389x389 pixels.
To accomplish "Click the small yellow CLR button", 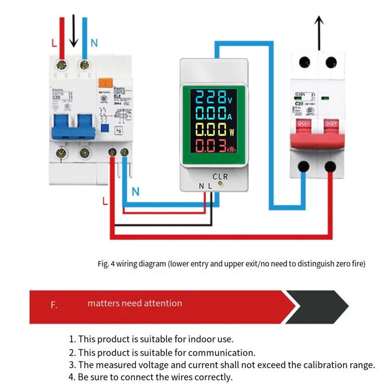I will (x=220, y=182).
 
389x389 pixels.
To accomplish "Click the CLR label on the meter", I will (x=220, y=176).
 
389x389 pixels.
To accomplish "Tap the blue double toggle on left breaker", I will (x=73, y=126).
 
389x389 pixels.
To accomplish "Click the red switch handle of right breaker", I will (x=317, y=134).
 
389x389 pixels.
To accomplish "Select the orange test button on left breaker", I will (x=105, y=82).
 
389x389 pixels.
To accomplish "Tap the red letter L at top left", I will (x=54, y=43).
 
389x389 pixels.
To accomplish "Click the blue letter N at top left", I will (x=94, y=43).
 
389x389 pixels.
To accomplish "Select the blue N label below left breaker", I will (x=135, y=192).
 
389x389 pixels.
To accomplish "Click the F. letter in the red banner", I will (x=54, y=305).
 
